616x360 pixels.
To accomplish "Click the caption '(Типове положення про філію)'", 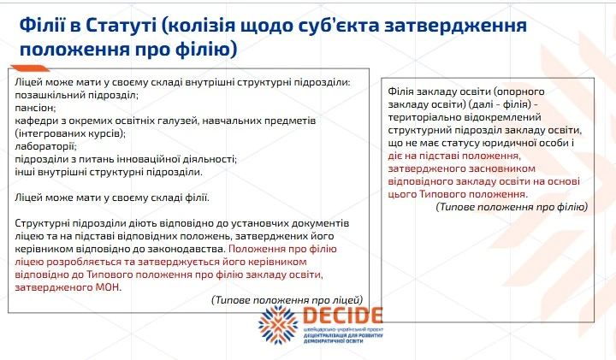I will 512,207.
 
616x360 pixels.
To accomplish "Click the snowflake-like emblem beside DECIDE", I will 280,327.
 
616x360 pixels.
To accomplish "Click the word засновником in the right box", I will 491,169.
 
